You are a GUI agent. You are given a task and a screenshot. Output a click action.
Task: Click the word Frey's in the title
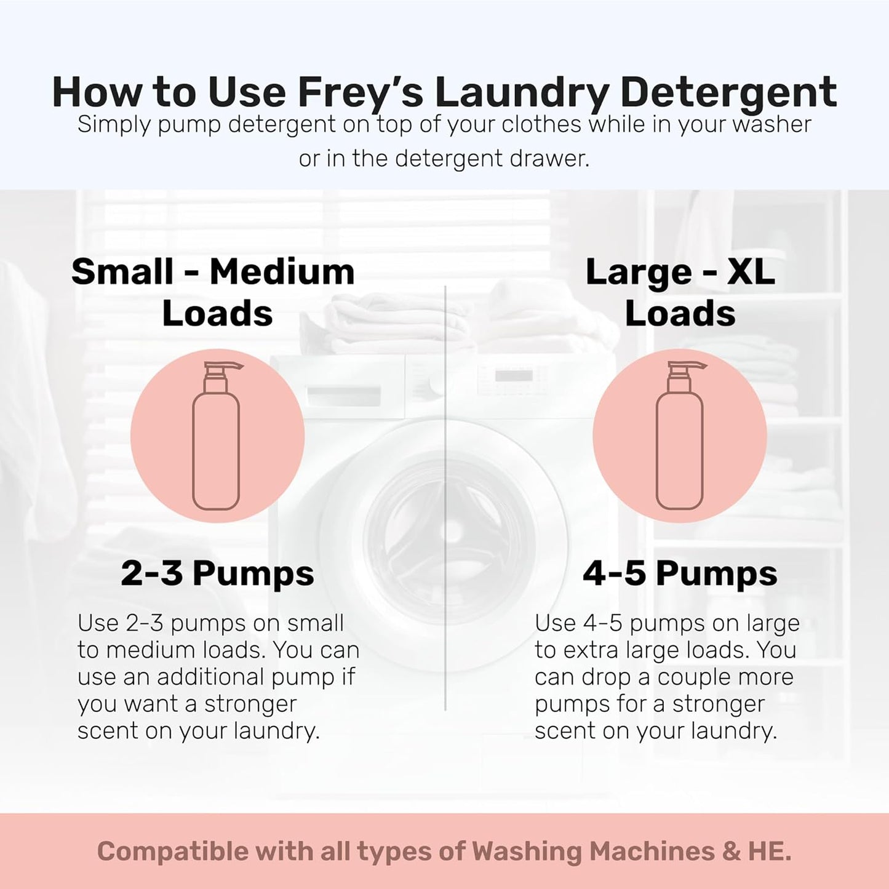click(360, 92)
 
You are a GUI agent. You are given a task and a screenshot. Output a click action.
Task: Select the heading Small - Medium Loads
click(213, 292)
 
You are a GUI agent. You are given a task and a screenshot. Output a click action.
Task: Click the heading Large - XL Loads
click(680, 292)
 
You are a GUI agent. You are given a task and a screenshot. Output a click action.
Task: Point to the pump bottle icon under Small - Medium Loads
click(216, 443)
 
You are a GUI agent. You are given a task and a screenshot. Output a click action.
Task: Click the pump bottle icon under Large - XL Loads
click(679, 443)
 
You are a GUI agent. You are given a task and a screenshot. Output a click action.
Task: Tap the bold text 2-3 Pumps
click(217, 573)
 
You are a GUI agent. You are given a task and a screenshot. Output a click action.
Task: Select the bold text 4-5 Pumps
click(680, 573)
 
